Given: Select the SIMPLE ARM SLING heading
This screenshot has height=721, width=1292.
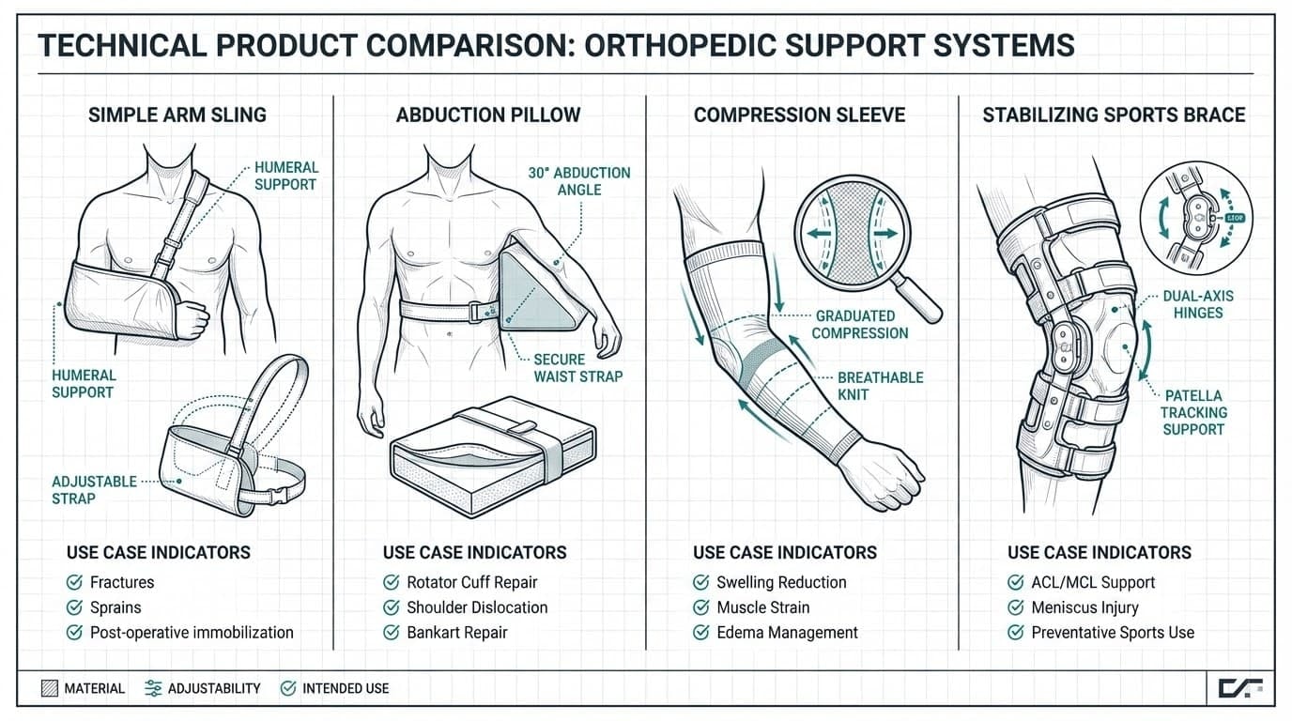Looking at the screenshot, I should point(177,115).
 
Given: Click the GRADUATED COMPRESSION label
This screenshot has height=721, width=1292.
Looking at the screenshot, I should point(860,325).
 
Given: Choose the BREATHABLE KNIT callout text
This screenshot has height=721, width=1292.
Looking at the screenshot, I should point(880,386).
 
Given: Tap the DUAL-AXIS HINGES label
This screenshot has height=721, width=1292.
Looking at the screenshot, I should point(1197,304).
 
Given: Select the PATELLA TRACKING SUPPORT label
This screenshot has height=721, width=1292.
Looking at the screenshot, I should point(1193,413).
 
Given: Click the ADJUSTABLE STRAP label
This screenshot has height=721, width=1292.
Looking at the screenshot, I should point(94,489).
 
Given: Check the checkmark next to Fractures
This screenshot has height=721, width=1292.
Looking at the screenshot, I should point(74,582).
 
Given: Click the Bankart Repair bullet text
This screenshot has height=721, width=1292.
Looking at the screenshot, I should point(456,633).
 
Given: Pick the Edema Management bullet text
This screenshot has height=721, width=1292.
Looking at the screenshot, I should point(787,633).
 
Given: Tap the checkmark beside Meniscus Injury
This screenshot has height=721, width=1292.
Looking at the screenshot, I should point(1015,607).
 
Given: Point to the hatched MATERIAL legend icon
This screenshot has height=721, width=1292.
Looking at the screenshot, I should point(50,688).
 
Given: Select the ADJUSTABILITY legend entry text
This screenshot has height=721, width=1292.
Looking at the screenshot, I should point(214,688).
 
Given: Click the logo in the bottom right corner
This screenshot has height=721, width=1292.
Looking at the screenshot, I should point(1239,688).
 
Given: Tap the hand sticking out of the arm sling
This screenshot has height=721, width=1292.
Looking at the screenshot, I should point(193,318).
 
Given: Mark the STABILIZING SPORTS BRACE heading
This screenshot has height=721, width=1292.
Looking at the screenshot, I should point(1114,115).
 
